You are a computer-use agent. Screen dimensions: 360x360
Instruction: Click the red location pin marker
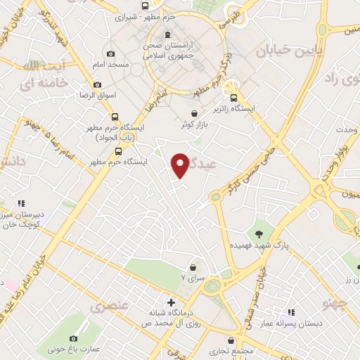click(x=180, y=165)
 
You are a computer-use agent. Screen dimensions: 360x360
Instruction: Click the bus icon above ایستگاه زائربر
click(x=243, y=99)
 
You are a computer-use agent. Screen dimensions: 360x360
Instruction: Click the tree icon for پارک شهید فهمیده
click(x=260, y=233)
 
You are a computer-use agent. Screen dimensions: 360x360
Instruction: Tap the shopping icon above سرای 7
click(x=193, y=267)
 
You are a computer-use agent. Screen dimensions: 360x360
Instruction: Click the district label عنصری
click(x=110, y=307)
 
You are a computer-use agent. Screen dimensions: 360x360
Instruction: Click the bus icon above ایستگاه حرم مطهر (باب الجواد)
click(x=115, y=117)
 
